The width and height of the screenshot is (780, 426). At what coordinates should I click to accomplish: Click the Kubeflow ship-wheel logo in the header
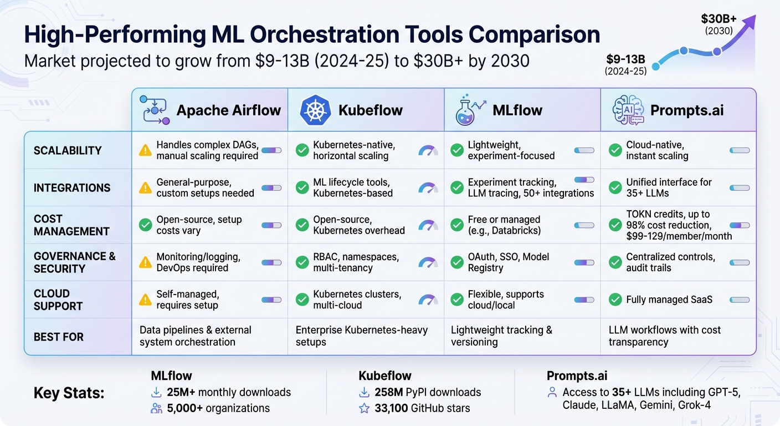pyautogui.click(x=315, y=110)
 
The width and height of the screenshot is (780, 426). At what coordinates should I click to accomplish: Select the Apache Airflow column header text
pyautogui.click(x=228, y=110)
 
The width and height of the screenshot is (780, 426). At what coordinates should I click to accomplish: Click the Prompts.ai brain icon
pyautogui.click(x=628, y=110)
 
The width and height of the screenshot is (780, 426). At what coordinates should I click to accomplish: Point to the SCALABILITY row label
pyautogui.click(x=68, y=151)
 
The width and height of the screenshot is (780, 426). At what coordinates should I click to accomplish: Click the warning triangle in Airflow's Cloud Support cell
pyautogui.click(x=145, y=300)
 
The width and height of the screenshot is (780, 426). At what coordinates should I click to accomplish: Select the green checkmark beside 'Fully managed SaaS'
pyautogui.click(x=615, y=300)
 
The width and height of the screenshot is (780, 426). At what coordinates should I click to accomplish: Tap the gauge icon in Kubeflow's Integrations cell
pyautogui.click(x=428, y=188)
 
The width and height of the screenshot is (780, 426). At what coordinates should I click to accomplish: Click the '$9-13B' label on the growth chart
pyautogui.click(x=625, y=59)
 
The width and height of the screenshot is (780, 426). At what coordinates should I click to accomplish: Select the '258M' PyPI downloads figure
pyautogui.click(x=390, y=392)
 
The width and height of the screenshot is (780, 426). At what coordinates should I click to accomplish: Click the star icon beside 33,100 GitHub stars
pyautogui.click(x=365, y=408)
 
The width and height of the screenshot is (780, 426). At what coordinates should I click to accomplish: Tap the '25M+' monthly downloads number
pyautogui.click(x=181, y=392)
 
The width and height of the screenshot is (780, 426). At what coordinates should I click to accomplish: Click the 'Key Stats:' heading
pyautogui.click(x=69, y=393)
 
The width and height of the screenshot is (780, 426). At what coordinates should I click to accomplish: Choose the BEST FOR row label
pyautogui.click(x=59, y=337)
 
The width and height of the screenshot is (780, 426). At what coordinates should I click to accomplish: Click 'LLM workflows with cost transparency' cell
pyautogui.click(x=664, y=336)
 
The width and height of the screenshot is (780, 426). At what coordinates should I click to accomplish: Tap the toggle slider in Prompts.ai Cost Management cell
pyautogui.click(x=740, y=225)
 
